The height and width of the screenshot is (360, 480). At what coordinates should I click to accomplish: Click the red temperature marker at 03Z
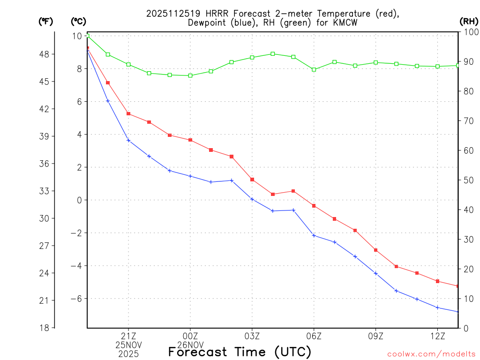252,180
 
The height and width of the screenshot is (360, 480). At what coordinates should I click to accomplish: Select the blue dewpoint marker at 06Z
314,235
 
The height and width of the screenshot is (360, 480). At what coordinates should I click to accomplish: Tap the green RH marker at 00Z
190,75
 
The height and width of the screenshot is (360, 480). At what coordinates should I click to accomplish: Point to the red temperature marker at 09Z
376,250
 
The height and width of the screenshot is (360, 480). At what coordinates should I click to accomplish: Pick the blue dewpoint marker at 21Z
128,141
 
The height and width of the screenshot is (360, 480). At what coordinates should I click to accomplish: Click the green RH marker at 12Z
438,67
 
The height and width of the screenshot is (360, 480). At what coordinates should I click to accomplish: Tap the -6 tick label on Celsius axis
76,299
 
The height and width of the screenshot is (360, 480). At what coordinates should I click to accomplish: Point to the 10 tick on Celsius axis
77,36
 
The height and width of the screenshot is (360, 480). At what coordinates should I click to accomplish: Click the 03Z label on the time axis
252,336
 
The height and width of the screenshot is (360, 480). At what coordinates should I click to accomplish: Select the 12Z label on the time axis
438,336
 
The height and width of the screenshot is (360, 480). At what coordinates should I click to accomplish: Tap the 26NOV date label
190,345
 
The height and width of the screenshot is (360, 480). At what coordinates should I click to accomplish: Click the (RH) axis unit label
469,21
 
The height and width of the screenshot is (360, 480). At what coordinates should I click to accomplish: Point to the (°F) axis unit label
46,21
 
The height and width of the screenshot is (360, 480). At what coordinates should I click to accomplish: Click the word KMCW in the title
344,22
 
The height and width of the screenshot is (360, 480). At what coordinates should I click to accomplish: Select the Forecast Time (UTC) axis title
240,352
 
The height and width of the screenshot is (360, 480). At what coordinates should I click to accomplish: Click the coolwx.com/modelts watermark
431,354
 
